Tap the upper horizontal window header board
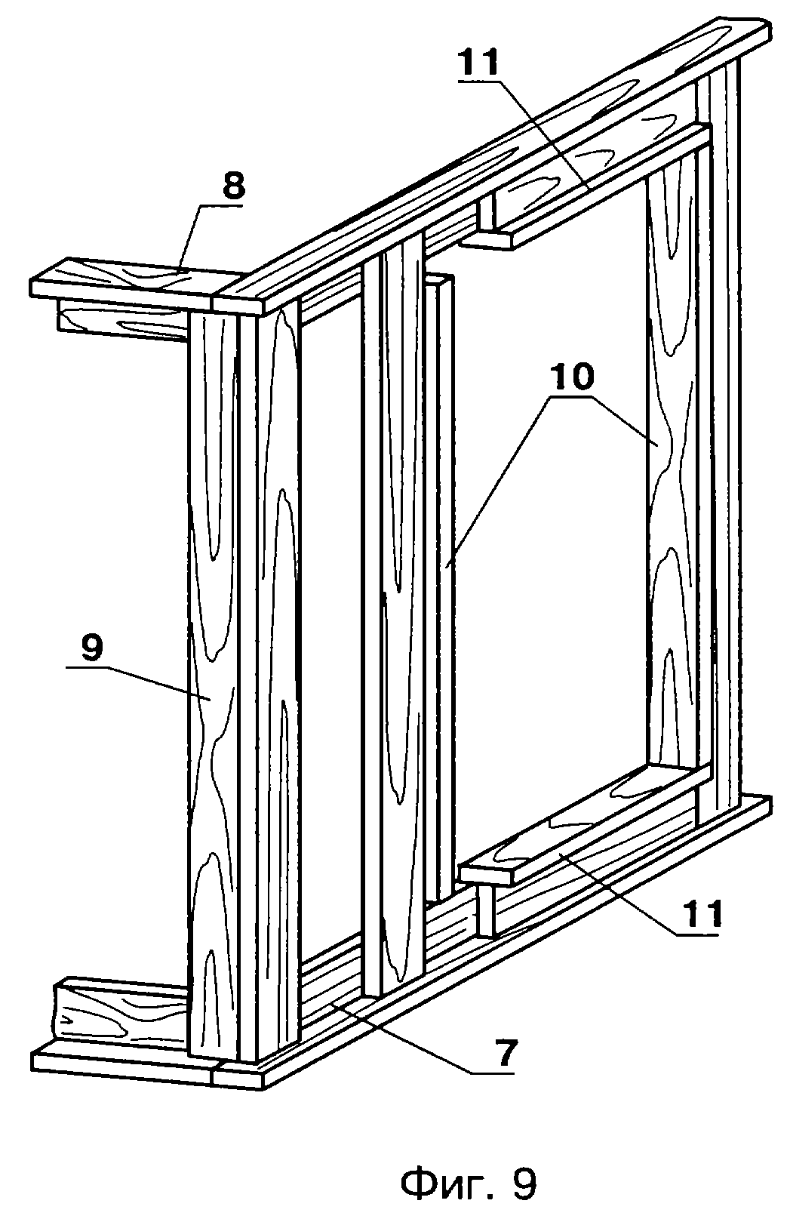coord(585,188)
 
